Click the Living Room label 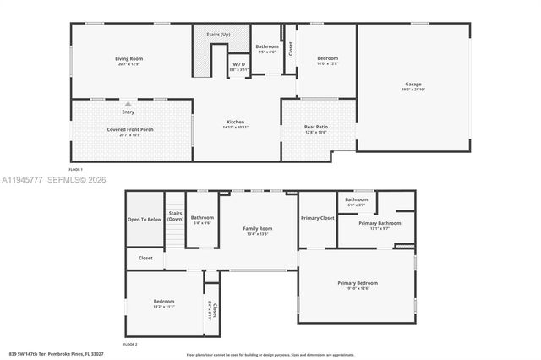tap(129, 59)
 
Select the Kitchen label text tap(235, 122)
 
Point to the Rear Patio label tap(316, 127)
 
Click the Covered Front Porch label tap(130, 129)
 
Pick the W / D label tap(239, 64)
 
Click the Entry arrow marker tap(128, 104)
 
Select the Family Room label tap(259, 229)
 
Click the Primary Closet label tap(318, 218)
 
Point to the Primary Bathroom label tap(379, 223)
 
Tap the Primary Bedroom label tap(358, 283)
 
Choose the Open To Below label tap(145, 219)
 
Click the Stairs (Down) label tap(176, 216)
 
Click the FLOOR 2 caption tap(129, 345)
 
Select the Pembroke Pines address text tap(56, 352)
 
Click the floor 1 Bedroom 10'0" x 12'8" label tap(327, 61)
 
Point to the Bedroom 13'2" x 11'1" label tap(164, 303)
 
